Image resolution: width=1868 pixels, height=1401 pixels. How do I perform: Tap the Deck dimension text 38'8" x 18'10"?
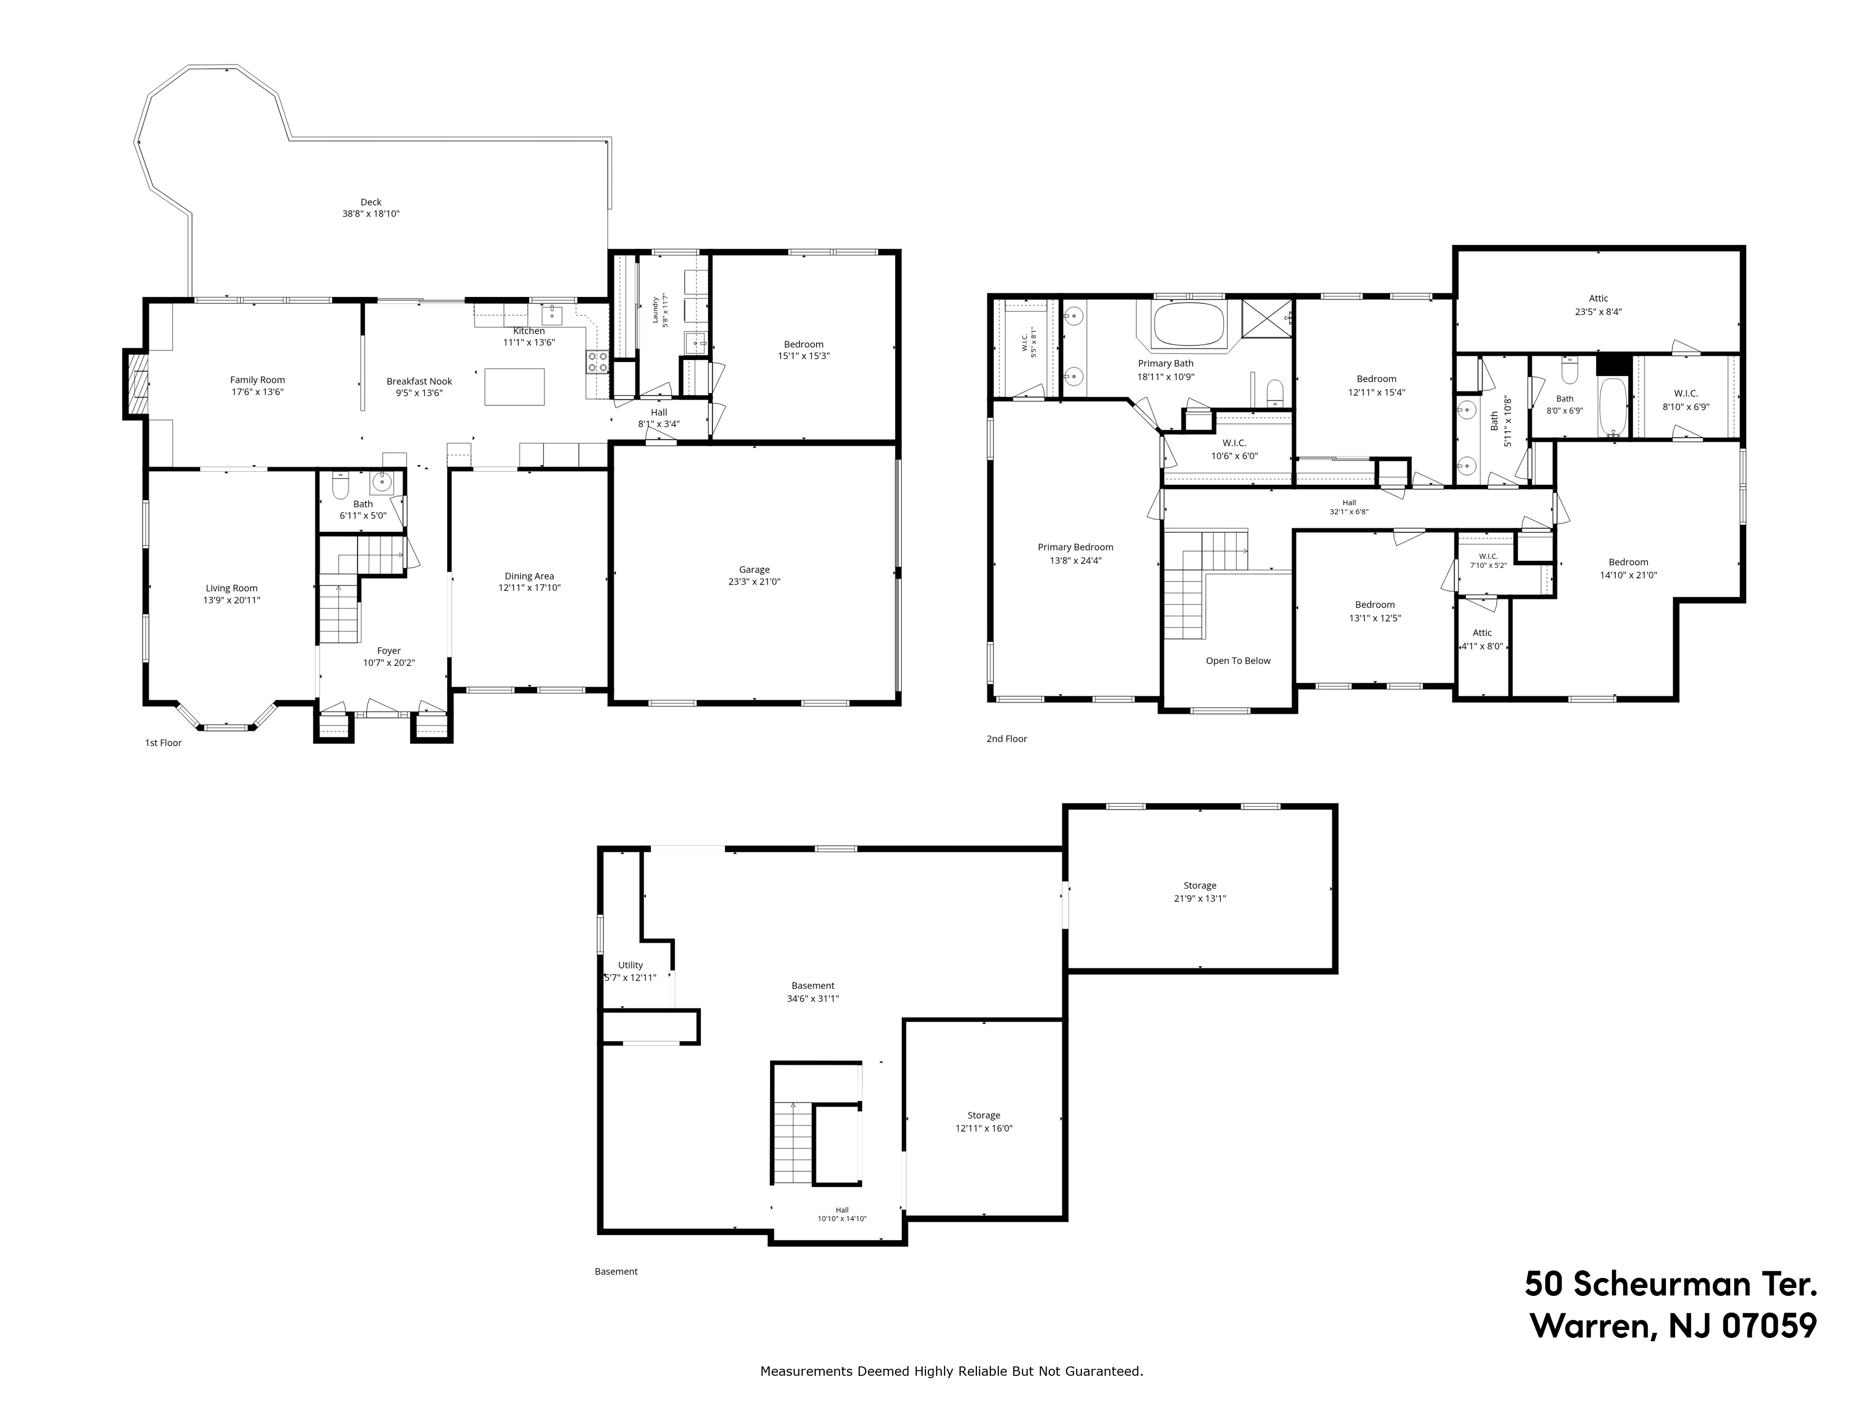(371, 214)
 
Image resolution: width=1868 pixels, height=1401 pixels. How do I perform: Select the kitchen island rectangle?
(514, 387)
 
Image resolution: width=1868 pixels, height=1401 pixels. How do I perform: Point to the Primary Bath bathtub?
(1188, 324)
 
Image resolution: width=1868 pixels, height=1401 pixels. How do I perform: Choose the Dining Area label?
(530, 576)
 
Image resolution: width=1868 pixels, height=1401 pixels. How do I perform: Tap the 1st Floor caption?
(163, 743)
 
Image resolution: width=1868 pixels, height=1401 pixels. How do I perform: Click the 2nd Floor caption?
(1007, 739)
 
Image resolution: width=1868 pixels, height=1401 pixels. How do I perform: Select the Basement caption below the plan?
(616, 1272)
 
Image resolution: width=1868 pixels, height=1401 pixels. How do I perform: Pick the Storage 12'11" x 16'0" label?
(984, 1121)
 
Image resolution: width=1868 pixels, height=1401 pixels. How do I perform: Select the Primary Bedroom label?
(1075, 547)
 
